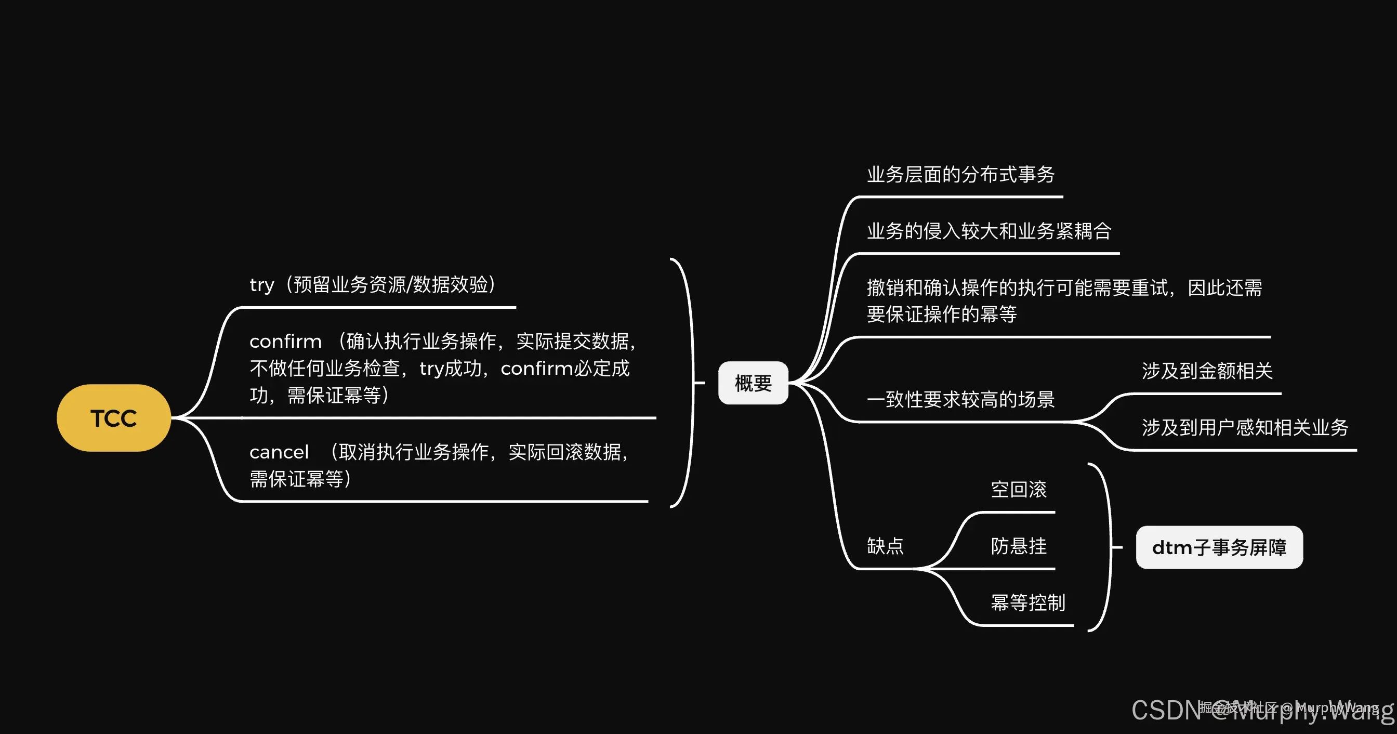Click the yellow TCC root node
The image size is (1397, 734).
pyautogui.click(x=114, y=418)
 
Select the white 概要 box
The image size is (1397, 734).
pyautogui.click(x=753, y=383)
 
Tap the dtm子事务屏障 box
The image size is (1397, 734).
pyautogui.click(x=1219, y=547)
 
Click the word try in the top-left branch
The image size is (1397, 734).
pyautogui.click(x=261, y=285)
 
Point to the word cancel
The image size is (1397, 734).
pyautogui.click(x=279, y=452)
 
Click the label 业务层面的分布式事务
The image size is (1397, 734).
pyautogui.click(x=960, y=175)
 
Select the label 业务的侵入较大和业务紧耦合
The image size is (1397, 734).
pyautogui.click(x=989, y=231)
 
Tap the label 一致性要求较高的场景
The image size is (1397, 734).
pyautogui.click(x=960, y=400)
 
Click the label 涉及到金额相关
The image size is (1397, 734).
pyautogui.click(x=1207, y=371)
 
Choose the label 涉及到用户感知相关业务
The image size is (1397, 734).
pyautogui.click(x=1245, y=427)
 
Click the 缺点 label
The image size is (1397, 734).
pyautogui.click(x=885, y=546)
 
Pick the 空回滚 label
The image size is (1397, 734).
pyautogui.click(x=1019, y=489)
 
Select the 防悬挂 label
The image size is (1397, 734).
pyautogui.click(x=1019, y=546)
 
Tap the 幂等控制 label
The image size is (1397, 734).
pyautogui.click(x=1027, y=602)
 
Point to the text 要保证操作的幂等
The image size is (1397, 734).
pyautogui.click(x=941, y=314)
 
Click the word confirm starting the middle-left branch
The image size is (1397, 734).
pyautogui.click(x=285, y=342)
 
